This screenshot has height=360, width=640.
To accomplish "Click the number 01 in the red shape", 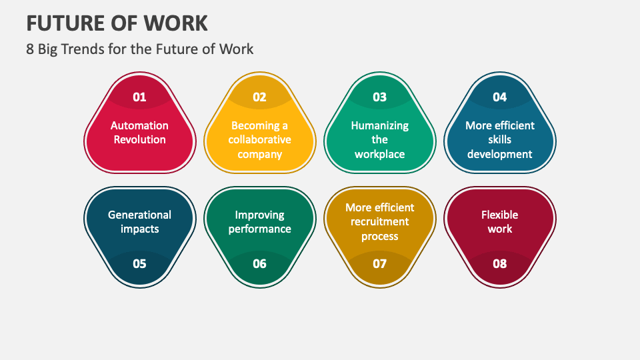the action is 139,97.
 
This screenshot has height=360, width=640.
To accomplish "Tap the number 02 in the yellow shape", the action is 259,97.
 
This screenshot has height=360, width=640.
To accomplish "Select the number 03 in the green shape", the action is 379,97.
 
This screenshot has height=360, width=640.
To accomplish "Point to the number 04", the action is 499,97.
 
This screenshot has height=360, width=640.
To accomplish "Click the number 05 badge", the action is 139,264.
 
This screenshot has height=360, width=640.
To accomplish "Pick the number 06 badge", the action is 259,264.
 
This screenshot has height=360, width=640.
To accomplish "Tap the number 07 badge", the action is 379,264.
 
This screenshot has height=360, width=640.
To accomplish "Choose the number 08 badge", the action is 499,264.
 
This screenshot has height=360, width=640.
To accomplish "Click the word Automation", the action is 139,125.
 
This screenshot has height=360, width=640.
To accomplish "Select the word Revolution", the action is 139,139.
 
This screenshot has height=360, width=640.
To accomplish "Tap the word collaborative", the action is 259,139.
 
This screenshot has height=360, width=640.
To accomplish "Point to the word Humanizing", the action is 379,126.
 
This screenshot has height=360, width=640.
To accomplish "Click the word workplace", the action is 379,154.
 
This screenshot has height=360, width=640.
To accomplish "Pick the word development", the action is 499,154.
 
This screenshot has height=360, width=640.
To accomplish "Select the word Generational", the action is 139,215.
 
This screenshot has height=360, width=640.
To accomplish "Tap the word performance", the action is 259,229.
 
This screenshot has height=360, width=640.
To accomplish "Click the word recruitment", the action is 379,221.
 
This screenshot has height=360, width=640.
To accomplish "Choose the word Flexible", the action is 499,215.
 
